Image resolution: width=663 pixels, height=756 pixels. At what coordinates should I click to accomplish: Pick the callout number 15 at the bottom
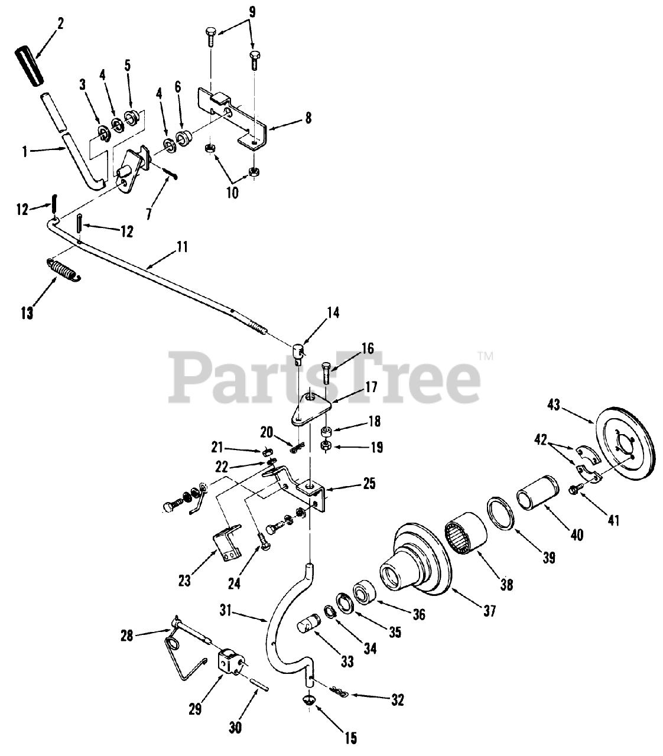tap(350, 738)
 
